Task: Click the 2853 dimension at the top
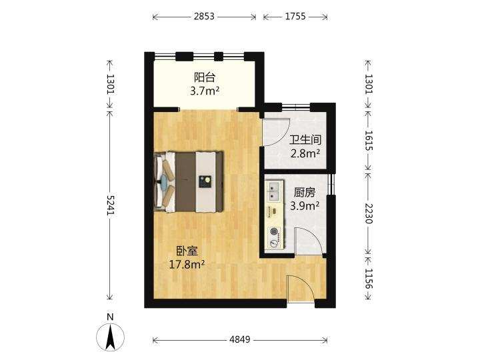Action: [x=204, y=16]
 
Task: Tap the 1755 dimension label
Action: [x=295, y=16]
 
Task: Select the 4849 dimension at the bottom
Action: [x=240, y=339]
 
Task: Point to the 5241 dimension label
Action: [x=110, y=205]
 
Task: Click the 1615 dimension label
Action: [x=369, y=141]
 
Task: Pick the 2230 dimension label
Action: [x=369, y=214]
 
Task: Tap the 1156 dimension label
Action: [x=369, y=279]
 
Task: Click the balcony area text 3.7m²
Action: [x=205, y=91]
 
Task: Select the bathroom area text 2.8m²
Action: [x=305, y=153]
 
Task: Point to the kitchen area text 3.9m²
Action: [x=305, y=206]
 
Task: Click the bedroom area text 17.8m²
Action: [x=187, y=264]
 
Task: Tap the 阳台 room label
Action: [x=204, y=77]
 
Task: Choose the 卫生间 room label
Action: [x=305, y=140]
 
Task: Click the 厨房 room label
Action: [x=305, y=193]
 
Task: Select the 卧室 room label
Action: [x=187, y=251]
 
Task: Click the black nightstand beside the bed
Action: [x=205, y=181]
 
